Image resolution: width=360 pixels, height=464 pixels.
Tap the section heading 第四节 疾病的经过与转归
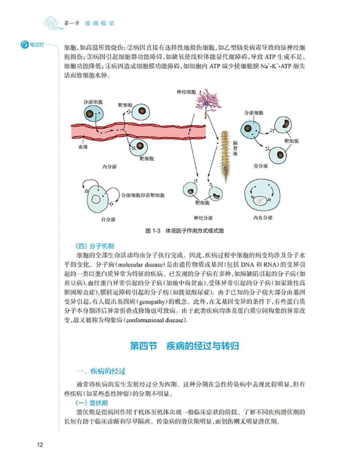pos(185,346)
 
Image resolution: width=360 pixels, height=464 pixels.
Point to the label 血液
pos(84,147)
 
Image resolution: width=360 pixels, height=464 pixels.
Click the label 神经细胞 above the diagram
pos(186,92)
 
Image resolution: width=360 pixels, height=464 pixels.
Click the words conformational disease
pos(154,320)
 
